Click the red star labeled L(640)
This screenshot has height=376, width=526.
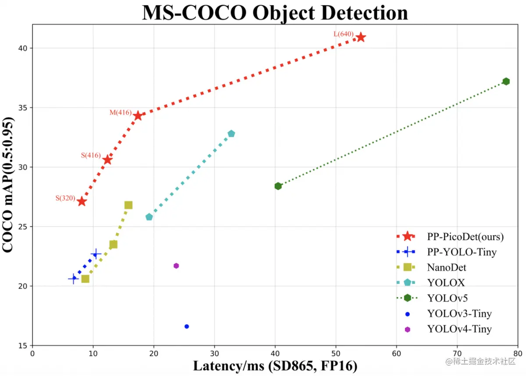coord(361,37)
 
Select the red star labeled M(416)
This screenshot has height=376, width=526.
coord(138,116)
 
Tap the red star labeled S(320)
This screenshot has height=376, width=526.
coord(82,201)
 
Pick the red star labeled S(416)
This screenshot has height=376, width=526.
coord(107,160)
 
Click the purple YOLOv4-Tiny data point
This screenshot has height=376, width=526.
coord(176,266)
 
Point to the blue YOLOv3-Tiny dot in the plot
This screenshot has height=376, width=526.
coord(187,326)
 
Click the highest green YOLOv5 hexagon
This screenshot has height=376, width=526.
coord(506,81)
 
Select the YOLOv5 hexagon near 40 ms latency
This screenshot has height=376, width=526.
coord(278,186)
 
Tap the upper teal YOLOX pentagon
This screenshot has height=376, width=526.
coord(231,134)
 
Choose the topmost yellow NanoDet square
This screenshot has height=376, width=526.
coord(128,205)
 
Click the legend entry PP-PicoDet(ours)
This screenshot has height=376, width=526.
coord(465,237)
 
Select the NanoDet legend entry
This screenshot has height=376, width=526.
coord(447,267)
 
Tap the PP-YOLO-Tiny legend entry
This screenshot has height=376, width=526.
coord(462,252)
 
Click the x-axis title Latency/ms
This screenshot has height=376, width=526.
coord(275,366)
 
